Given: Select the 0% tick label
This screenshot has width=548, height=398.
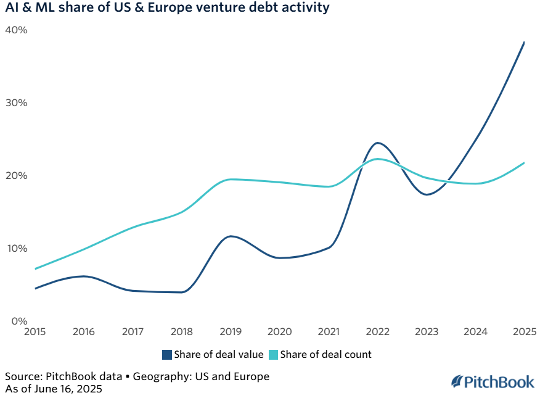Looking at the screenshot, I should (x=18, y=321).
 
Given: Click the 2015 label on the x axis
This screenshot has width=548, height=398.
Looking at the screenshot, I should (x=35, y=332).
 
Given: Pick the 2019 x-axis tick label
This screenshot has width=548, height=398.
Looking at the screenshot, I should (x=231, y=332).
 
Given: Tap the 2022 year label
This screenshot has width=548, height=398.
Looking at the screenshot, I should (x=377, y=332).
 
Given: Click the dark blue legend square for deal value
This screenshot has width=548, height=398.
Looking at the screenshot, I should (x=167, y=354).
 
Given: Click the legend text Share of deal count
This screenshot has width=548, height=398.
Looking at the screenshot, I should (x=325, y=354).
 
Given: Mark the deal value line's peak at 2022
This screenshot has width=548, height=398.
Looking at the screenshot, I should (x=377, y=143).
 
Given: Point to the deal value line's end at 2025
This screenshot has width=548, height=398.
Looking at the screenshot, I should (x=524, y=42).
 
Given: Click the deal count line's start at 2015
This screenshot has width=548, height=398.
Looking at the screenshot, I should (x=36, y=268).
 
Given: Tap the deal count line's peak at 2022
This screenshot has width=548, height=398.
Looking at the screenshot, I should (x=378, y=159).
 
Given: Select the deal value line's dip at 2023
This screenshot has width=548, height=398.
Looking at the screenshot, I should (x=427, y=194).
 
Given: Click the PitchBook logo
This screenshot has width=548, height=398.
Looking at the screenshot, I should (x=493, y=382).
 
